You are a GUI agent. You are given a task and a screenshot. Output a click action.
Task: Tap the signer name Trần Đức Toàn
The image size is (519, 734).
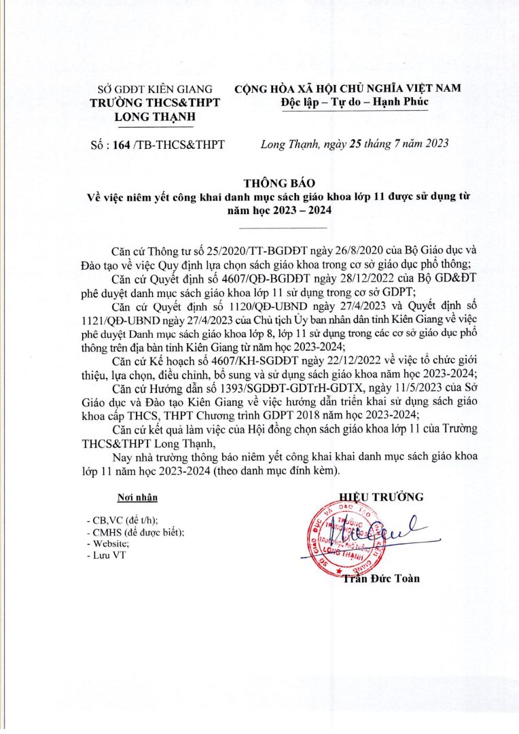point(382,578)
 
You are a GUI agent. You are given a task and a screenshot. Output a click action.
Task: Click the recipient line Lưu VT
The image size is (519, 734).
point(107,555)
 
